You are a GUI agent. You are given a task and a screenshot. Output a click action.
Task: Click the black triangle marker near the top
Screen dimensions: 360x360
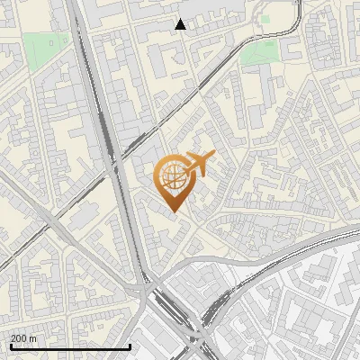(181, 24)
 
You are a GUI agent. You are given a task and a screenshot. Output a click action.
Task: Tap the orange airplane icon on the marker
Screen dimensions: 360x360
(198, 165)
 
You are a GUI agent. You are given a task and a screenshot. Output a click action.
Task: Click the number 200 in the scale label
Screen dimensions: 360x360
(19, 337)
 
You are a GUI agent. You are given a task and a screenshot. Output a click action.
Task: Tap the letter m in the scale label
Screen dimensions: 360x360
(33, 337)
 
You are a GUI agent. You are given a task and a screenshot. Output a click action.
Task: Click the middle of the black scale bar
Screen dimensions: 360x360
(70, 346)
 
